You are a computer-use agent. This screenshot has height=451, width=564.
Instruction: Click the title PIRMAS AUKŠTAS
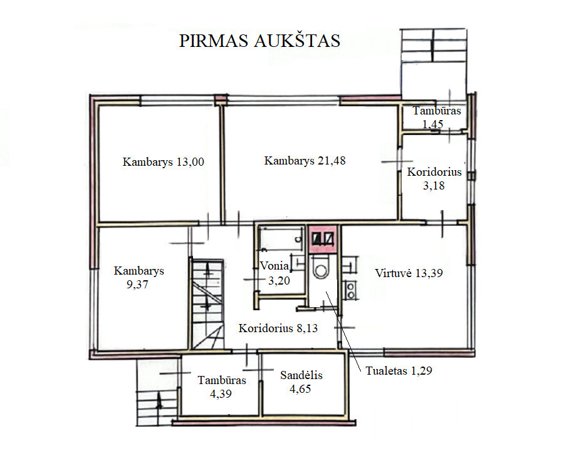click(259, 40)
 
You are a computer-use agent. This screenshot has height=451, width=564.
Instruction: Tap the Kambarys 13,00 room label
click(164, 161)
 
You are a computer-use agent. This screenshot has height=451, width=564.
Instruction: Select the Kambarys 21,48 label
click(305, 161)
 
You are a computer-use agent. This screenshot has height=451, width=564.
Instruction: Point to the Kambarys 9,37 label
click(139, 277)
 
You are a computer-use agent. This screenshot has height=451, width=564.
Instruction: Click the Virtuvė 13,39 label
click(409, 273)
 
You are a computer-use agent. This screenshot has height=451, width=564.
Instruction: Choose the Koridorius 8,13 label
click(278, 328)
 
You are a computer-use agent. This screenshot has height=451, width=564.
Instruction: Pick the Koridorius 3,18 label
click(434, 178)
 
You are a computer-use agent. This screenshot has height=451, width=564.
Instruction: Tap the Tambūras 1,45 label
click(437, 117)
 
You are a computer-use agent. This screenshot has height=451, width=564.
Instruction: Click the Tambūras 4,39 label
click(222, 387)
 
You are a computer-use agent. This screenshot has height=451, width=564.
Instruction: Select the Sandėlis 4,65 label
click(301, 382)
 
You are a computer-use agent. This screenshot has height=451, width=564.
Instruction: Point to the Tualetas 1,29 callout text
click(399, 370)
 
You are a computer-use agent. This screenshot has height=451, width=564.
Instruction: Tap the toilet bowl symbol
click(320, 268)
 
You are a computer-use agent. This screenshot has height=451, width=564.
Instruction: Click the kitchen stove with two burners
click(350, 290)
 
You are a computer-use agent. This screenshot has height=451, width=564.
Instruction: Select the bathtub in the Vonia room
click(281, 238)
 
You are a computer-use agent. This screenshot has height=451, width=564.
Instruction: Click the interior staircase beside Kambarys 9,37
click(207, 303)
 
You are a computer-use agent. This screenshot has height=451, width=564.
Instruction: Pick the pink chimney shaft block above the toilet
click(323, 239)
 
